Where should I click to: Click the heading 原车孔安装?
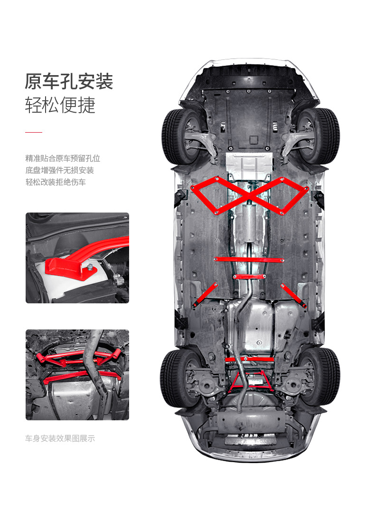(x=69, y=81)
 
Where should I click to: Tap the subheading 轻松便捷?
(x=60, y=105)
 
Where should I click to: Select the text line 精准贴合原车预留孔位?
(x=63, y=158)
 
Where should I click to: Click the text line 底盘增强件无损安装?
(x=59, y=170)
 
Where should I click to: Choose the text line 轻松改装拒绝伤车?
(x=56, y=182)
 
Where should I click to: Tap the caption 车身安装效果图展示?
(x=60, y=438)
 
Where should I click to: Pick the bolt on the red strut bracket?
(x=89, y=270)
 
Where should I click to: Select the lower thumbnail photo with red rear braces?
(x=77, y=375)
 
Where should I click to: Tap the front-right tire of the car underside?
(x=325, y=136)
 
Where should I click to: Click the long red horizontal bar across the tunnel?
(x=249, y=260)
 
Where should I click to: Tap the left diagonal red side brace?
(x=205, y=294)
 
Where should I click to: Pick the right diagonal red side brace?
(x=293, y=294)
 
